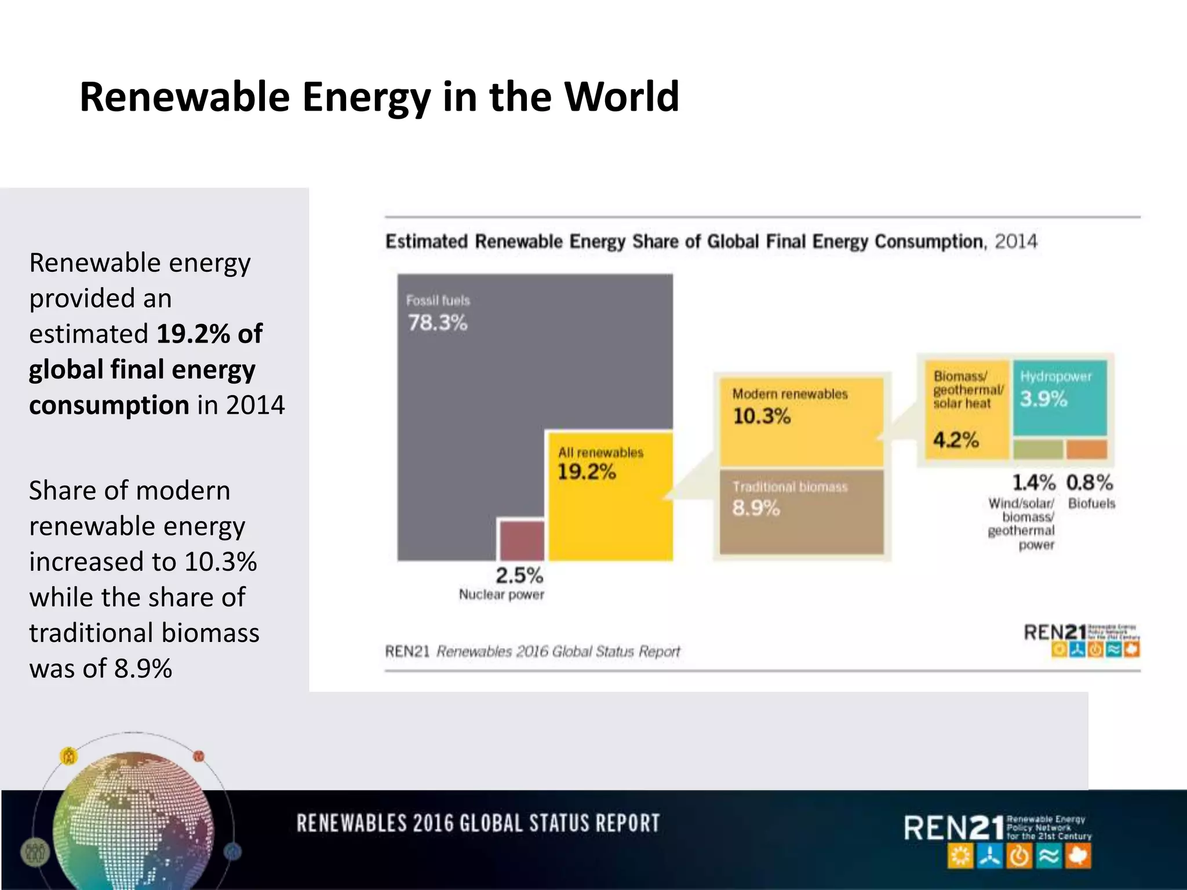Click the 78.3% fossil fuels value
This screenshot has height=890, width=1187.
coord(438,323)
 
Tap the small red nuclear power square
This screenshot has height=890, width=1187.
coord(522,539)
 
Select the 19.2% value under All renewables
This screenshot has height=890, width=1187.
coord(586,472)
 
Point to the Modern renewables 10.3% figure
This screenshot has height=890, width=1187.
coord(762,416)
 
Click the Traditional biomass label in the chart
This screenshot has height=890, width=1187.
coord(789,487)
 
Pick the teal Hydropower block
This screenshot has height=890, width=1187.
coord(1059,397)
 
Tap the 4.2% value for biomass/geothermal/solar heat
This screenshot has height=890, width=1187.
coord(956,440)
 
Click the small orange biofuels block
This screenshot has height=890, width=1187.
coord(1087,449)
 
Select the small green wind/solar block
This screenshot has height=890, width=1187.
coord(1037,449)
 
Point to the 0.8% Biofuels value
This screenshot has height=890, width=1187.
coord(1090,482)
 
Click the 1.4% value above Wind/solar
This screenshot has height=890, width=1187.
coord(1033,482)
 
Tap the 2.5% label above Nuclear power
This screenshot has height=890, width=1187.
coord(519,575)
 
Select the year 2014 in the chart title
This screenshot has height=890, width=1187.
coord(1016,241)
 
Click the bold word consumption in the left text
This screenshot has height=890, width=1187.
coord(109,405)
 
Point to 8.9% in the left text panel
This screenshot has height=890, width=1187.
coord(143,668)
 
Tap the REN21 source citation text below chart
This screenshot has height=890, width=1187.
coord(532,651)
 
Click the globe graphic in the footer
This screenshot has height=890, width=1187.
coord(133,823)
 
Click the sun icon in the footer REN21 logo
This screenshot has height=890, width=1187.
coord(960,856)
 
